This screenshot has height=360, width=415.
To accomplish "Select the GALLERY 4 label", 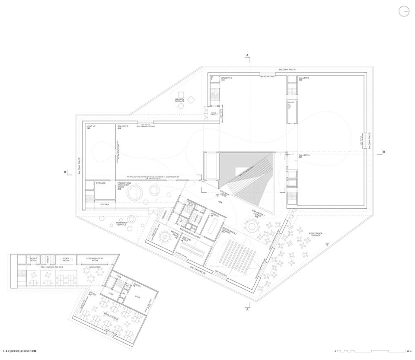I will [303, 78].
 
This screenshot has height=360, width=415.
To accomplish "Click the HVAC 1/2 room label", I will [90, 127].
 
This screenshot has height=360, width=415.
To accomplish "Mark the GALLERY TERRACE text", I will [180, 100].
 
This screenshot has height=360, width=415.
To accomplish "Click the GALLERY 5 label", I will [304, 155].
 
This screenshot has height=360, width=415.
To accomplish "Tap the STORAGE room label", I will [100, 183].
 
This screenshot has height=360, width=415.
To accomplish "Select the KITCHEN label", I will [105, 204].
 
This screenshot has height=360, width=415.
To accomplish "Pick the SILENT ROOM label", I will [34, 258].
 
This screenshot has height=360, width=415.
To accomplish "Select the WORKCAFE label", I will [95, 268].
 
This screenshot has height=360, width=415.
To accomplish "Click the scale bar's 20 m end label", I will [409, 351].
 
